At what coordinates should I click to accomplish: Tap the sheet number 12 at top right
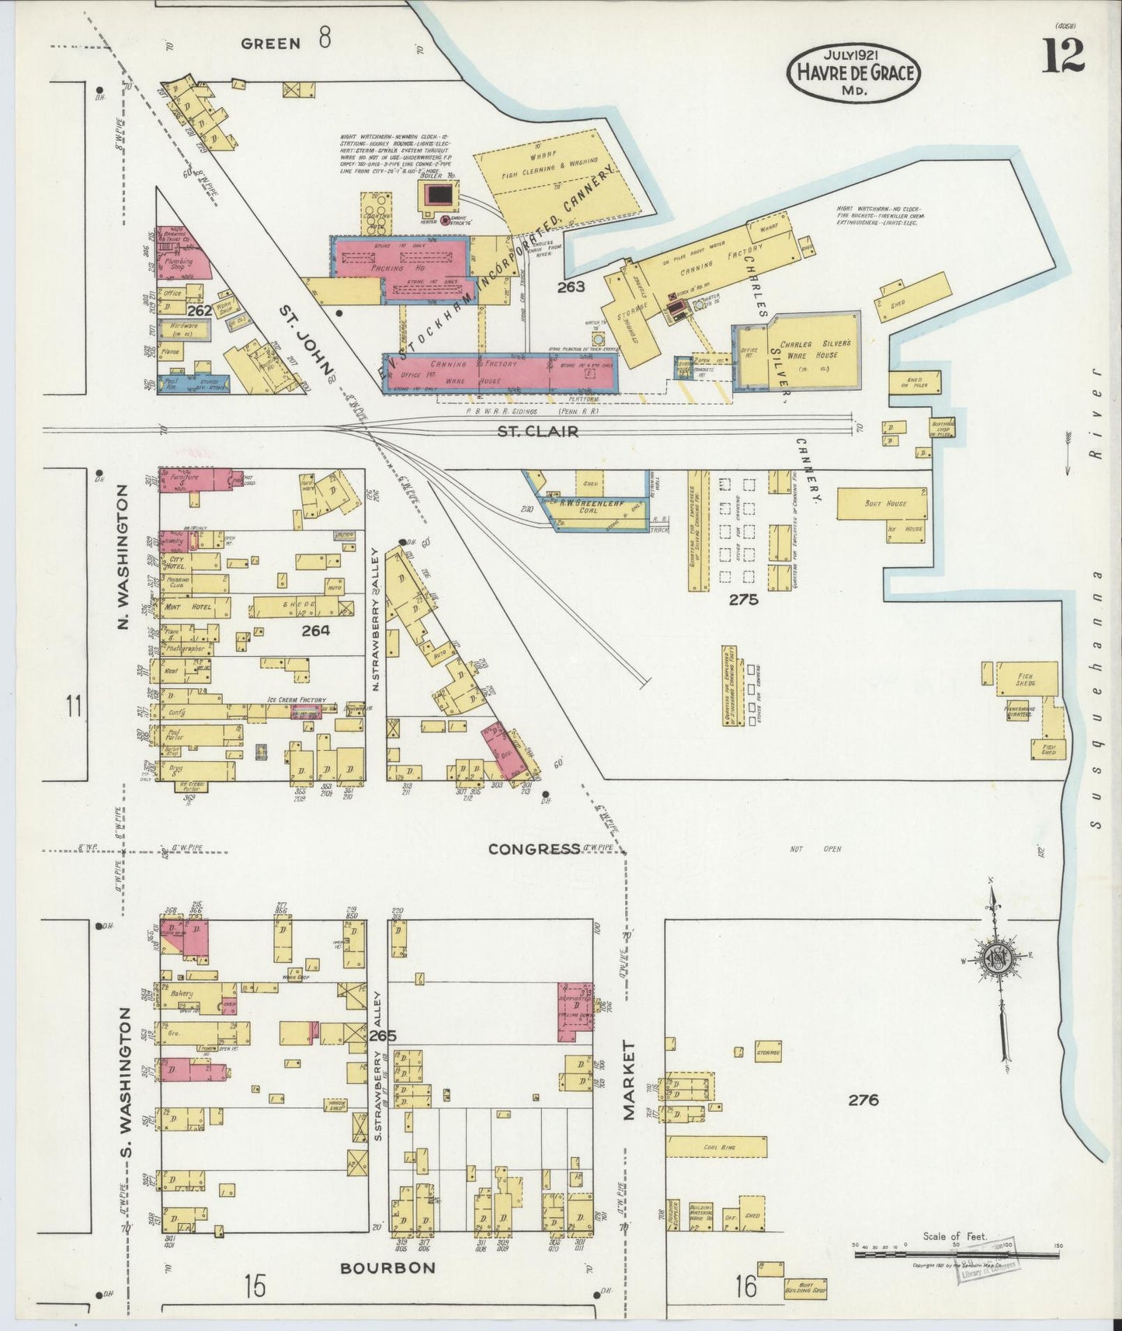click(1063, 56)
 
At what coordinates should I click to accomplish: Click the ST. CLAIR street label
click(538, 431)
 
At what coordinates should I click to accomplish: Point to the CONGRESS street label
click(534, 849)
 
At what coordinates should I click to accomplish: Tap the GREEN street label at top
click(271, 43)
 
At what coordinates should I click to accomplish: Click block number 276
click(863, 1100)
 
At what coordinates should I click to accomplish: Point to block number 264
click(315, 631)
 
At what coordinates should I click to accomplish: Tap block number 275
click(743, 599)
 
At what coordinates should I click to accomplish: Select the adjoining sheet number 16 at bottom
click(745, 1286)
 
